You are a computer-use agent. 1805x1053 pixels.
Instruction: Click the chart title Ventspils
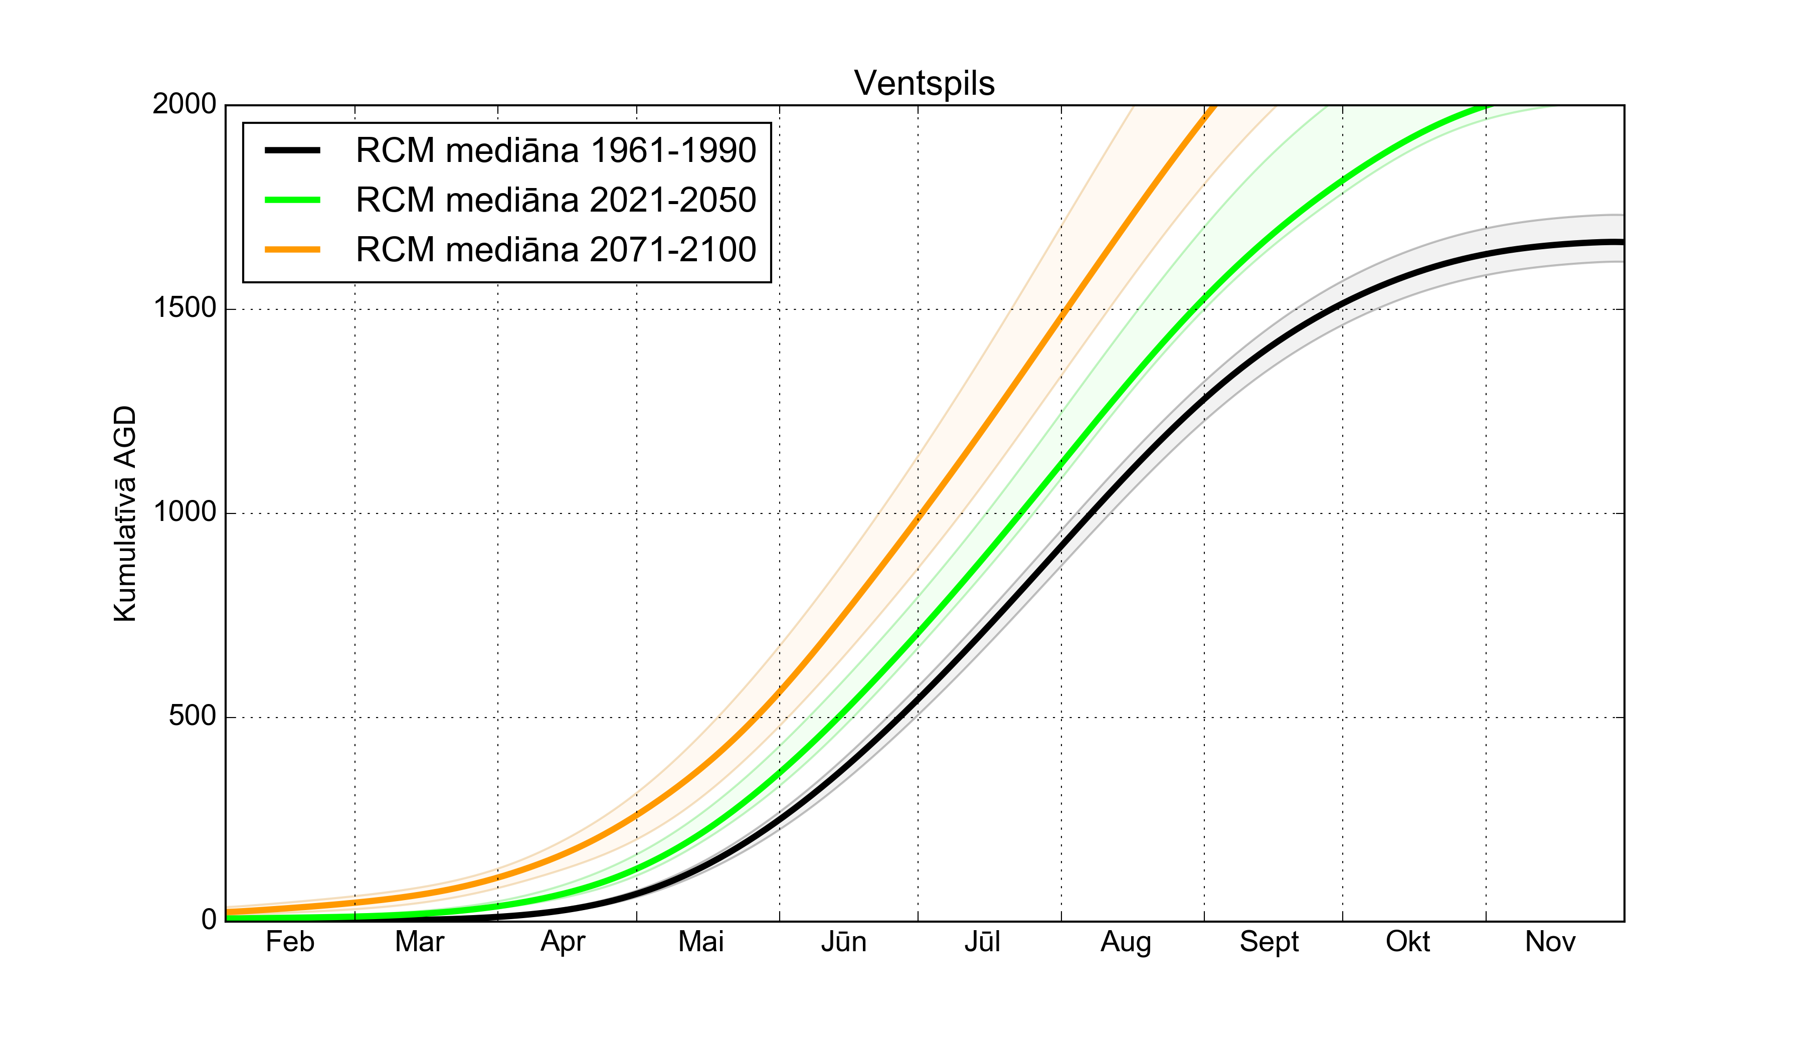[x=924, y=83]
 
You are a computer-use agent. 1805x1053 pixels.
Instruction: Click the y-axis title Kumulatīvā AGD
[x=125, y=513]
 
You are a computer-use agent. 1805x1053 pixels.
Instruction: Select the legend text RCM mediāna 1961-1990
[x=556, y=150]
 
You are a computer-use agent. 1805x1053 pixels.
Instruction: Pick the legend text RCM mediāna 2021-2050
[x=556, y=200]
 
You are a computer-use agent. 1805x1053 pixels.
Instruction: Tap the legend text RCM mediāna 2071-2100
[x=556, y=249]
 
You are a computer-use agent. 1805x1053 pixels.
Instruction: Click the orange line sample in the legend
[x=292, y=249]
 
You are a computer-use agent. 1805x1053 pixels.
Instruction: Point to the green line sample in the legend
[x=292, y=200]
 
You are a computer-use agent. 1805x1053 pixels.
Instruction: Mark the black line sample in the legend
[x=292, y=150]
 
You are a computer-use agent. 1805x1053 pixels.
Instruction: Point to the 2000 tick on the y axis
[x=184, y=105]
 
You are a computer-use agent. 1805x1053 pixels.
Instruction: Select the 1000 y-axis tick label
[x=184, y=512]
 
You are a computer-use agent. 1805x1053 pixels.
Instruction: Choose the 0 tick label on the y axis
[x=209, y=919]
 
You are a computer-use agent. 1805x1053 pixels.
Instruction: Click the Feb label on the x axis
[x=290, y=942]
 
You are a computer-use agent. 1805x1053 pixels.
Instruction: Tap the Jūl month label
[x=982, y=942]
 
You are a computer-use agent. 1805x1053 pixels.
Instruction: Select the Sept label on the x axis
[x=1269, y=942]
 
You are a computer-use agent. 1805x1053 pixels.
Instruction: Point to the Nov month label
[x=1550, y=942]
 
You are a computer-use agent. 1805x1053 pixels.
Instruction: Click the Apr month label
[x=563, y=942]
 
